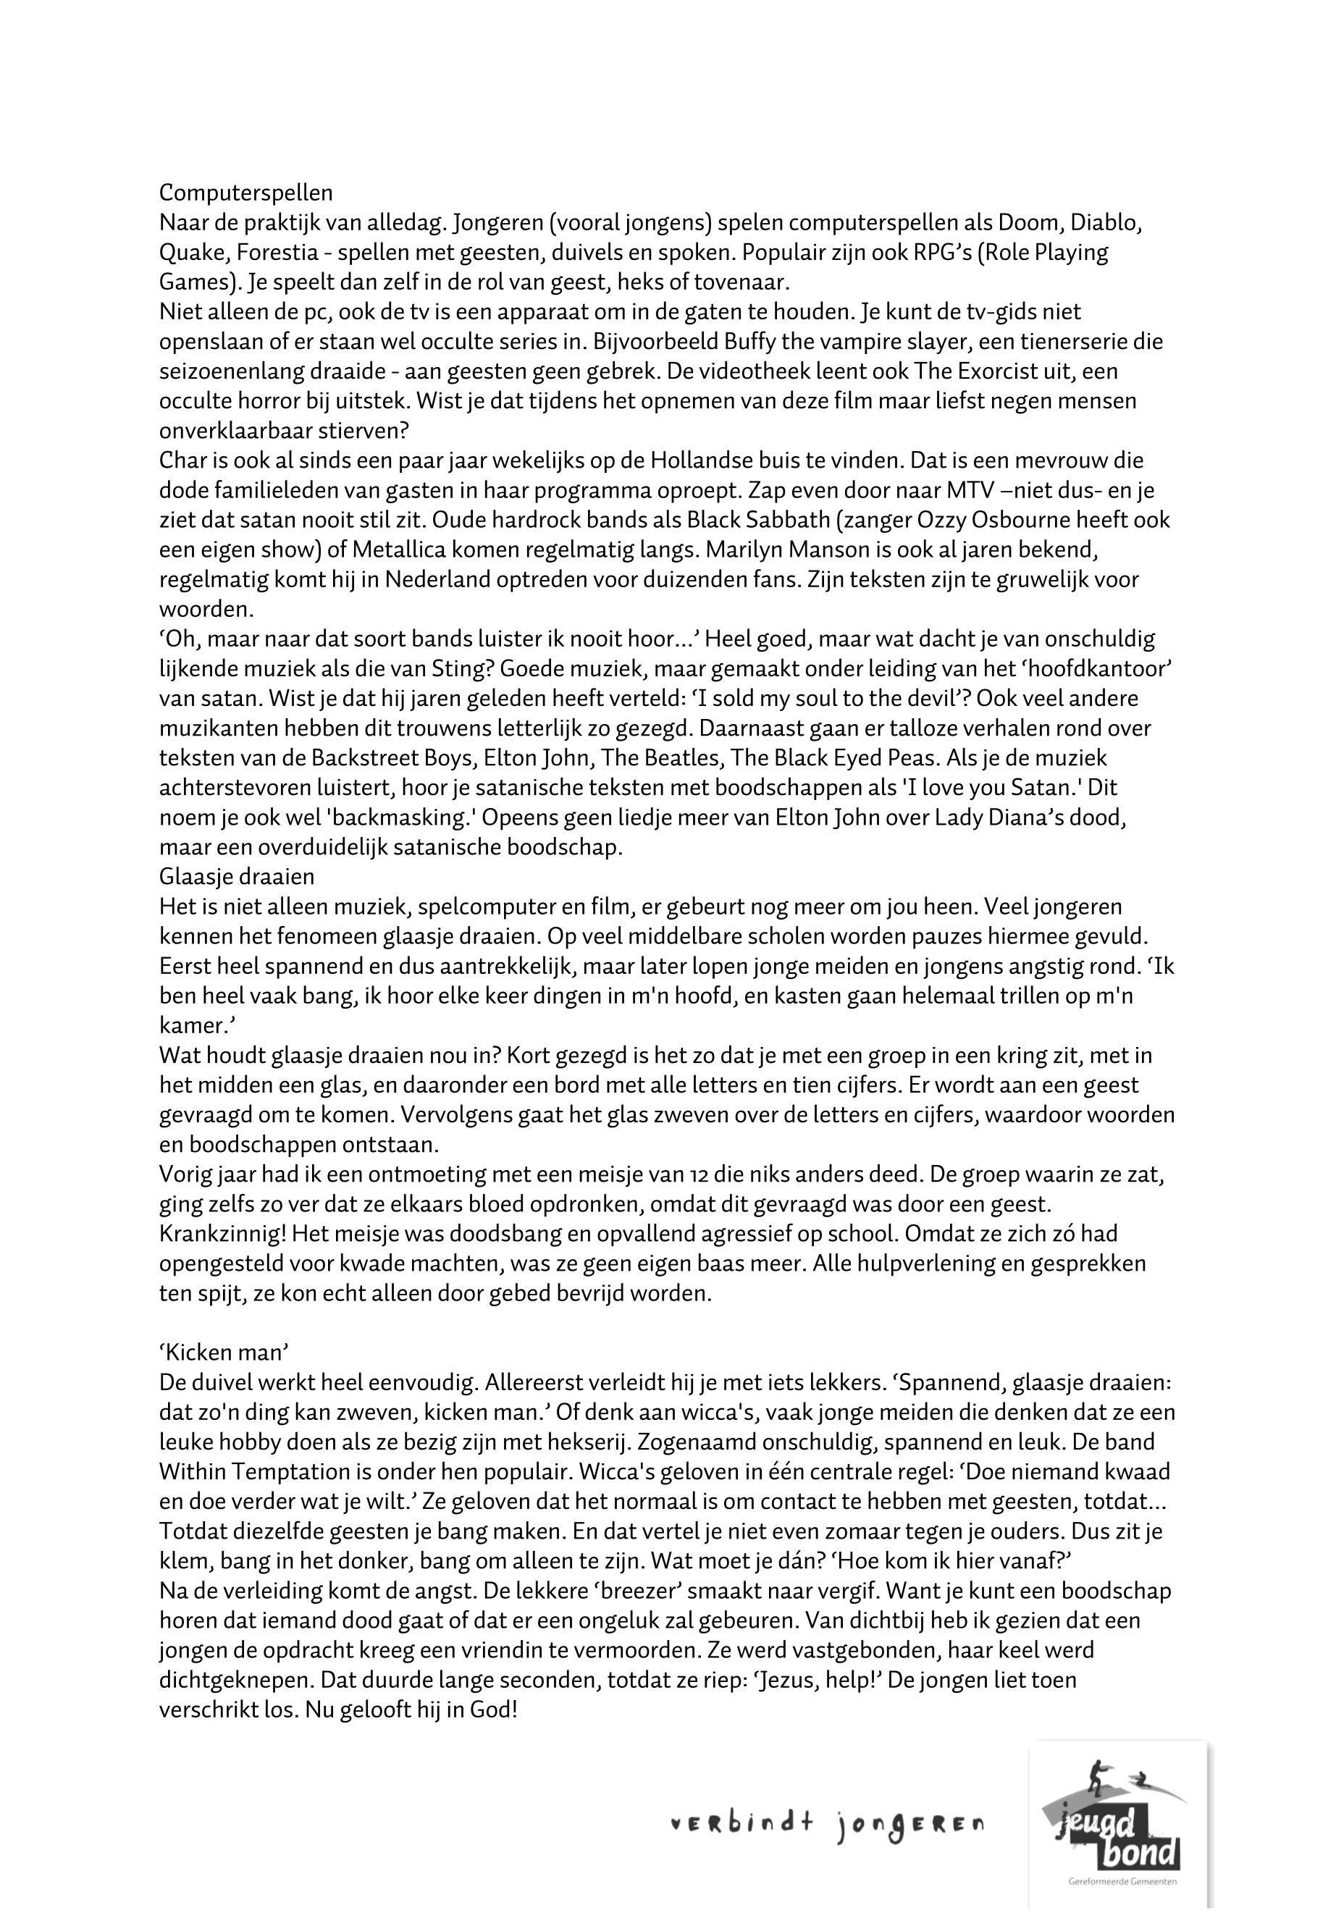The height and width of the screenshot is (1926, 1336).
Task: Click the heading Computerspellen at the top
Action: [x=245, y=193]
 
